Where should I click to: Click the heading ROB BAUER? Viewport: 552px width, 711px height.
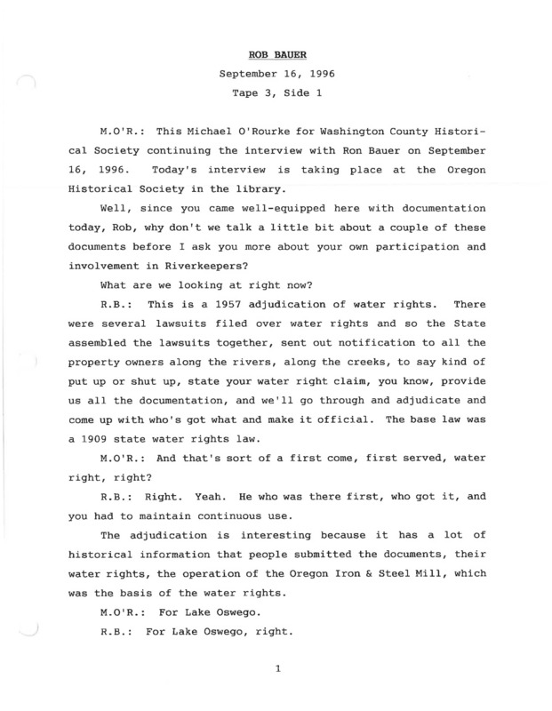pyautogui.click(x=276, y=55)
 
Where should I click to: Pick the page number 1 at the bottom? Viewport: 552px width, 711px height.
pyautogui.click(x=277, y=683)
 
